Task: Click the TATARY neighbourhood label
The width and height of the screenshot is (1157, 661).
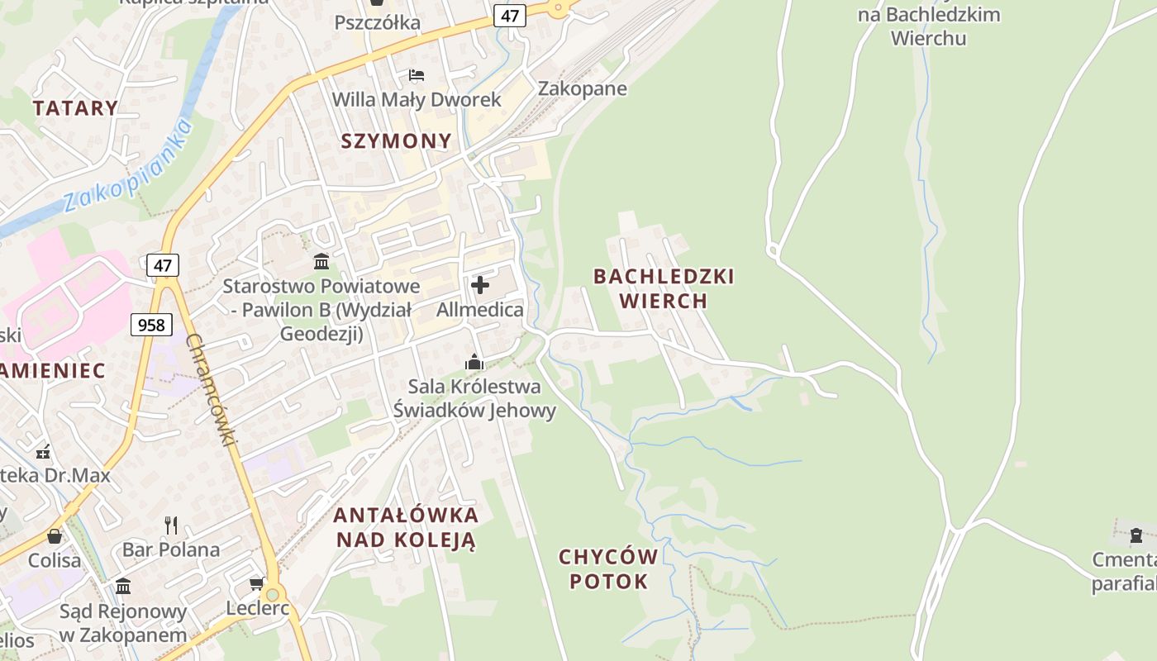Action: tap(75, 107)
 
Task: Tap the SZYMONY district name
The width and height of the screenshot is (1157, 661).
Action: tap(397, 140)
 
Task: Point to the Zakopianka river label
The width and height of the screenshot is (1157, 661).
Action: tap(128, 166)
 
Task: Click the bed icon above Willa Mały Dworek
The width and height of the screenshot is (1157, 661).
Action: tap(417, 75)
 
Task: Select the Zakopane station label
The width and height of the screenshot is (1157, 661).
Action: tap(583, 88)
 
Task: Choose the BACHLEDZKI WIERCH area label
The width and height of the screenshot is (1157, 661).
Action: tap(664, 288)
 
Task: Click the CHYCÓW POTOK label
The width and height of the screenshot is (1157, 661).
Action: tap(608, 568)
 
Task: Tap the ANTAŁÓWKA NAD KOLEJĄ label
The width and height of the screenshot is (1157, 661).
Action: tap(406, 527)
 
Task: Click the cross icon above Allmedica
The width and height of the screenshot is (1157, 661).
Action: tap(479, 285)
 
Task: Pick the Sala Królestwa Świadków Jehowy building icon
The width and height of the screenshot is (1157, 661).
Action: tap(474, 362)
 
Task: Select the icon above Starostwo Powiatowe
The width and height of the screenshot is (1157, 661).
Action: tap(321, 262)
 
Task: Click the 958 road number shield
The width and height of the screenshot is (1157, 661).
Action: tap(151, 325)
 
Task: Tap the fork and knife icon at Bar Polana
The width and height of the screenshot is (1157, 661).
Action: tap(171, 525)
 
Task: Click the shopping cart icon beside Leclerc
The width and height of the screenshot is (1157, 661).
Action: tap(256, 584)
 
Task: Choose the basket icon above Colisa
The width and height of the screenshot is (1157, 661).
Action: tap(55, 536)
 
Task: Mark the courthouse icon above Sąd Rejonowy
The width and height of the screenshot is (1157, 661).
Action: tap(123, 586)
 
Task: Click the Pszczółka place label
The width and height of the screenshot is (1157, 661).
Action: tap(378, 22)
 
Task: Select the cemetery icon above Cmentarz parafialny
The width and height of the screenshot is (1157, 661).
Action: tap(1136, 535)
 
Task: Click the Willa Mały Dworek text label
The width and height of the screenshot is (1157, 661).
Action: tap(417, 100)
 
